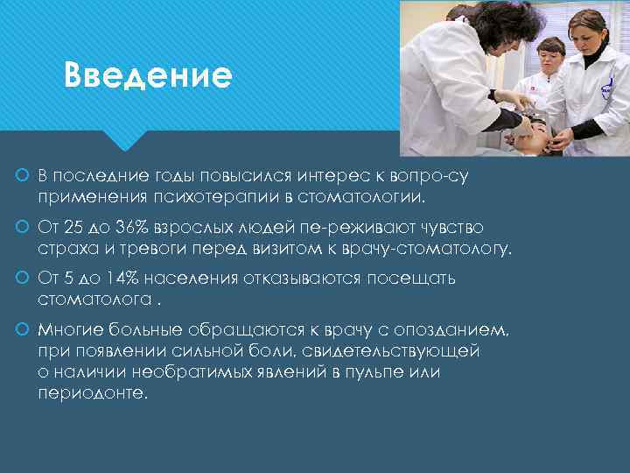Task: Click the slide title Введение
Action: pyautogui.click(x=148, y=76)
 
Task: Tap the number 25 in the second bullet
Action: pyautogui.click(x=72, y=228)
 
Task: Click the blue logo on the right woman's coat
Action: pyautogui.click(x=606, y=88)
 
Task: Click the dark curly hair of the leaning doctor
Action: pyautogui.click(x=486, y=22)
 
